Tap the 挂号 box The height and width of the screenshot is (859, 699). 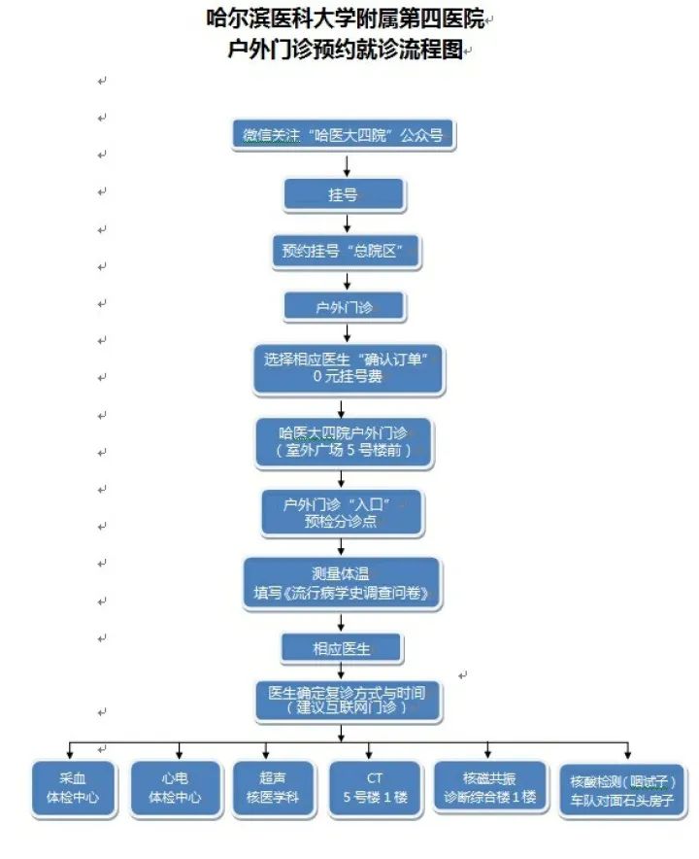point(344,195)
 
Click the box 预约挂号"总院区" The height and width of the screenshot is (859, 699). point(344,252)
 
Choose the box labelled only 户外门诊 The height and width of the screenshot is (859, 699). point(344,308)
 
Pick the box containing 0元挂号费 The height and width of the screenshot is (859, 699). point(348,369)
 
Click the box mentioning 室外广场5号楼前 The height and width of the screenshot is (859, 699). point(344,442)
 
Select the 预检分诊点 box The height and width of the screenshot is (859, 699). point(342,512)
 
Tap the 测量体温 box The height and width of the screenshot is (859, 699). point(342,583)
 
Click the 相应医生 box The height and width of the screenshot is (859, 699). point(342,648)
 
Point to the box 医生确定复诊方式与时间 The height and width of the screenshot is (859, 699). point(347,702)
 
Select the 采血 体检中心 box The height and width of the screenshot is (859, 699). point(72,788)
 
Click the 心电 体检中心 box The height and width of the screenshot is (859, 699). point(175,788)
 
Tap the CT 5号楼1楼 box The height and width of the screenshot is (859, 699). point(375,788)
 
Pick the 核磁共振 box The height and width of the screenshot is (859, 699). point(488,788)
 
